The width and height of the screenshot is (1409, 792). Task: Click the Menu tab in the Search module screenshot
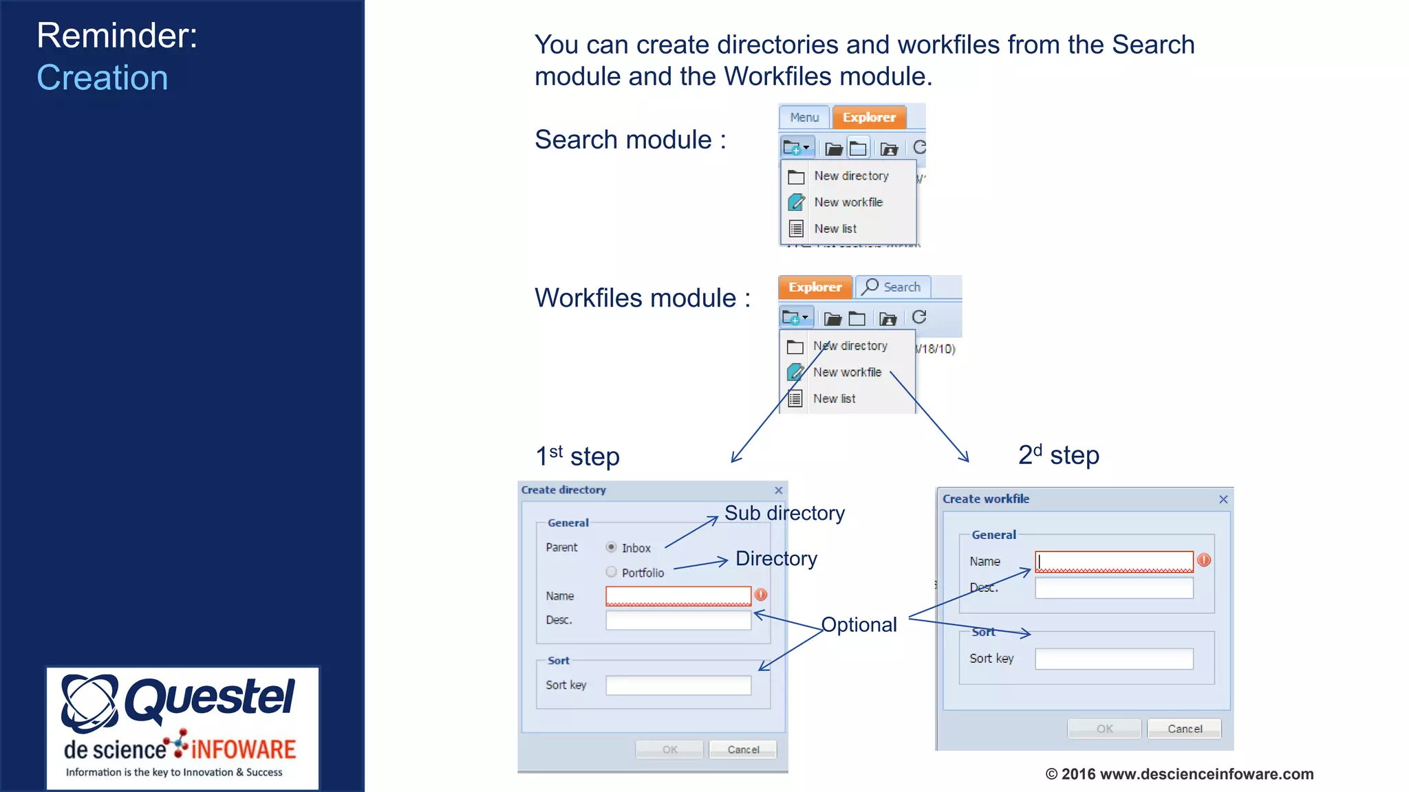pyautogui.click(x=804, y=118)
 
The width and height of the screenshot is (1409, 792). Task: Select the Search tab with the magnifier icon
pyautogui.click(x=892, y=287)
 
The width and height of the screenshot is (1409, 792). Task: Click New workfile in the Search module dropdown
pyautogui.click(x=848, y=202)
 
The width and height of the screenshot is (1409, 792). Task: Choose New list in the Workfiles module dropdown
pyautogui.click(x=834, y=399)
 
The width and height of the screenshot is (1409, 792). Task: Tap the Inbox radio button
pyautogui.click(x=611, y=547)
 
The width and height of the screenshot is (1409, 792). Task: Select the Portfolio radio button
pyautogui.click(x=611, y=572)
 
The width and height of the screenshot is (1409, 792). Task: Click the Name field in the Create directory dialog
pyautogui.click(x=678, y=595)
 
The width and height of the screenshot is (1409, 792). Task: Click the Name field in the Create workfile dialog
pyautogui.click(x=1114, y=561)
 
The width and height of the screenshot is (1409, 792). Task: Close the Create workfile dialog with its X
pyautogui.click(x=1223, y=499)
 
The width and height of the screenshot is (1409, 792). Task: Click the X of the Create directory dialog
pyautogui.click(x=779, y=490)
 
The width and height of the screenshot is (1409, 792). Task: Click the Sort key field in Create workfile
pyautogui.click(x=1114, y=659)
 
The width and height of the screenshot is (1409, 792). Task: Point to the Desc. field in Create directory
pyautogui.click(x=678, y=620)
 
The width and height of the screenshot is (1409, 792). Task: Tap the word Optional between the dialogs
pyautogui.click(x=859, y=624)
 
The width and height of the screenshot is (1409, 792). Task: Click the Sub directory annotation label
pyautogui.click(x=784, y=513)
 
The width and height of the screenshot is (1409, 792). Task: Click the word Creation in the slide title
pyautogui.click(x=103, y=78)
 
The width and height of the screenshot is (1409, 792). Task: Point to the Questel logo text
pyautogui.click(x=209, y=698)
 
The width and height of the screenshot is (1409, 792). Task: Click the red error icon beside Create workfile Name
pyautogui.click(x=1204, y=560)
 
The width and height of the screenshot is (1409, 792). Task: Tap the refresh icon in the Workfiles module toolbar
pyautogui.click(x=919, y=317)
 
